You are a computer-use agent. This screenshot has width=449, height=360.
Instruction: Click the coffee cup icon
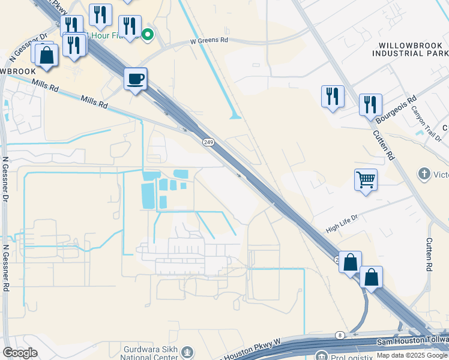coord(136,79)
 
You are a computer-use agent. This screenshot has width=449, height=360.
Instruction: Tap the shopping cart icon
coord(366,179)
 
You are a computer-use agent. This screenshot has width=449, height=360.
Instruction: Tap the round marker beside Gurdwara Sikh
coord(188,351)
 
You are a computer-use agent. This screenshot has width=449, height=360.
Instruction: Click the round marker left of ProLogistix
coord(322,356)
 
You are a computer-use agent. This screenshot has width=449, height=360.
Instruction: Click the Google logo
coord(20,353)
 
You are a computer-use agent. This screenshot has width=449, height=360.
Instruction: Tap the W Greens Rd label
coord(209,41)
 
